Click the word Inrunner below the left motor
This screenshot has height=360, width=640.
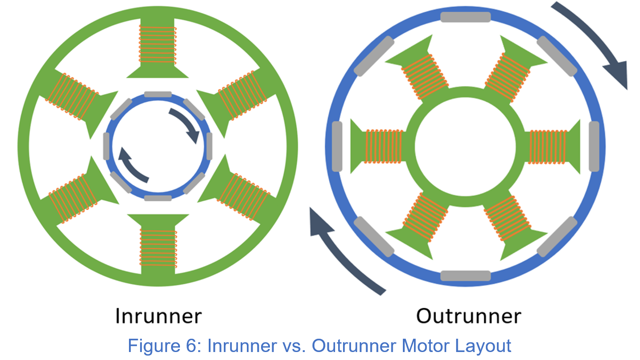pyautogui.click(x=158, y=317)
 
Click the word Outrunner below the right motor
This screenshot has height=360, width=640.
pyautogui.click(x=468, y=317)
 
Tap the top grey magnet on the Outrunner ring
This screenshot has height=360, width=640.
pyautogui.click(x=465, y=17)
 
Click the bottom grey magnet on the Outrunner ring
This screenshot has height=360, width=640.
pyautogui.click(x=465, y=276)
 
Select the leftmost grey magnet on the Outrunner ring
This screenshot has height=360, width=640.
pyautogui.click(x=337, y=146)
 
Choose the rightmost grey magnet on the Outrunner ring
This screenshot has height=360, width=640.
pyautogui.click(x=594, y=146)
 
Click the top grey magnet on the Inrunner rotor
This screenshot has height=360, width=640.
pyautogui.click(x=158, y=94)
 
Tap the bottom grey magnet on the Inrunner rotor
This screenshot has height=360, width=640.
pyautogui.click(x=158, y=198)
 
